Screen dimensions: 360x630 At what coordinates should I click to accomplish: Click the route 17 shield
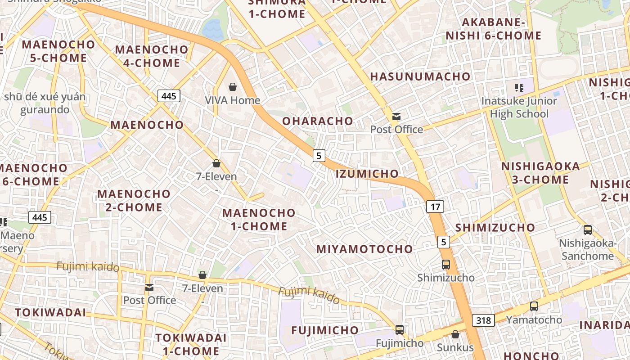pyautogui.click(x=435, y=207)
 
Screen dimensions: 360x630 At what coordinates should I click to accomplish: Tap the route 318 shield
pyautogui.click(x=483, y=320)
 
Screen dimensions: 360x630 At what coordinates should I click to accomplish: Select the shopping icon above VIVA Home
pyautogui.click(x=233, y=87)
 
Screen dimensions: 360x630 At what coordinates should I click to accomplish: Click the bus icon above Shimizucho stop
pyautogui.click(x=446, y=265)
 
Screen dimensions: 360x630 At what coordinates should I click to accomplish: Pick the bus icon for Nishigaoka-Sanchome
pyautogui.click(x=587, y=230)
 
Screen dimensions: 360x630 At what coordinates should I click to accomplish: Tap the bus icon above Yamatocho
pyautogui.click(x=534, y=306)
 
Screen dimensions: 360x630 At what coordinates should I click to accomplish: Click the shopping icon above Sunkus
pyautogui.click(x=455, y=334)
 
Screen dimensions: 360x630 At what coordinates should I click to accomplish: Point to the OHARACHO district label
pyautogui.click(x=318, y=121)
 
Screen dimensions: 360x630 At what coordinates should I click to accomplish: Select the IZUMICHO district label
pyautogui.click(x=367, y=174)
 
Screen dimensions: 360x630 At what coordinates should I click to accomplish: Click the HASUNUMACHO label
pyautogui.click(x=420, y=76)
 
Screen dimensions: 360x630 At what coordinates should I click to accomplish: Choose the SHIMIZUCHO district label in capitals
pyautogui.click(x=495, y=228)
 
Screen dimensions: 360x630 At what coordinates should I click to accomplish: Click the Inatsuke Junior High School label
pyautogui.click(x=519, y=108)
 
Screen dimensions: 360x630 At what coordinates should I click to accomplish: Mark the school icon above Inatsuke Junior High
pyautogui.click(x=519, y=87)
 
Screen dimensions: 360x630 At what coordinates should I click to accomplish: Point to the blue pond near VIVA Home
pyautogui.click(x=212, y=30)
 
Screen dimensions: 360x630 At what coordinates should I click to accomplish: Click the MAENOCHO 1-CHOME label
pyautogui.click(x=259, y=220)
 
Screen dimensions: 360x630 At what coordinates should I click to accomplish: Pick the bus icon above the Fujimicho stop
pyautogui.click(x=400, y=330)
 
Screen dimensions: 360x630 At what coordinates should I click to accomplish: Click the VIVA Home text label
pyautogui.click(x=233, y=100)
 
